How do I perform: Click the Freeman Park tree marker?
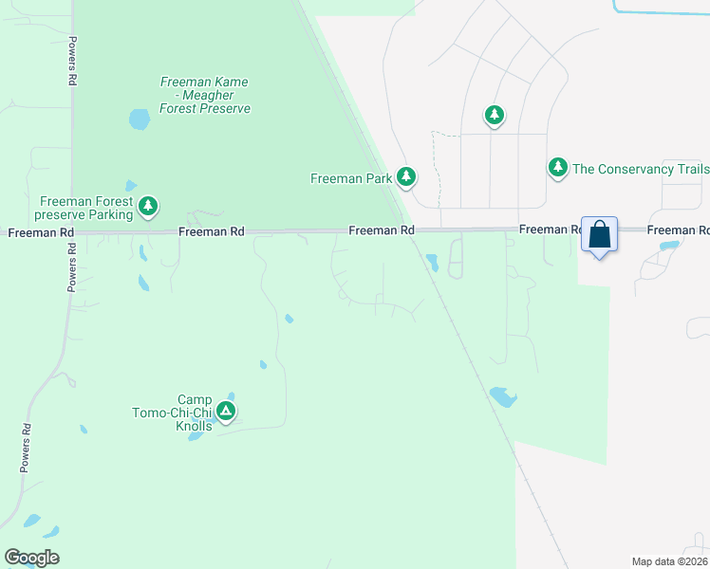coord(406,176)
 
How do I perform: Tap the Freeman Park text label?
coord(352,178)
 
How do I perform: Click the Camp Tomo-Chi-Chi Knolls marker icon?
coord(225,411)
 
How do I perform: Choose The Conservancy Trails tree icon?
coord(558,167)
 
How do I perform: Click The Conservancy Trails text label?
coord(641,170)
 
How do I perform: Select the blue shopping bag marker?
coord(600,235)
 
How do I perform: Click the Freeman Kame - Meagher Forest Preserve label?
coord(205,96)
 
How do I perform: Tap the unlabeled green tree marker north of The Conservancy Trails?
coord(494,116)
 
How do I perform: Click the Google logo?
coord(31,557)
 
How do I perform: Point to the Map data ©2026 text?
coord(670,561)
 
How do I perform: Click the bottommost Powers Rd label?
coord(27,448)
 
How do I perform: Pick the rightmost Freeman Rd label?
coord(678,230)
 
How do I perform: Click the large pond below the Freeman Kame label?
coord(139,119)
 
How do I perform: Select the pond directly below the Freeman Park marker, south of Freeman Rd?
coord(432,261)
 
